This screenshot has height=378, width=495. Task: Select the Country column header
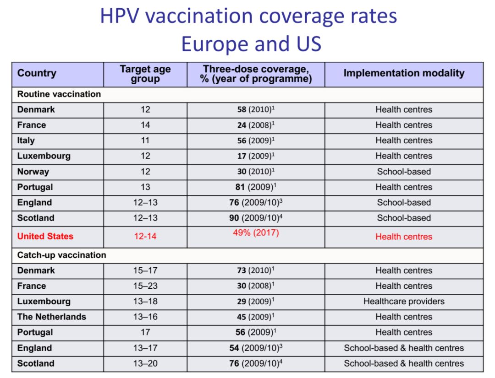(37, 73)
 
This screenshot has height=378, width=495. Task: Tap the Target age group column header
(145, 74)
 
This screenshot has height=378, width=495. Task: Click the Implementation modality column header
(404, 73)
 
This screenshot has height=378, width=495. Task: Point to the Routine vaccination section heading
(59, 94)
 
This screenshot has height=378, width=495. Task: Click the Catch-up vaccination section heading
(62, 255)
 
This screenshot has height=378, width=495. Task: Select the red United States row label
(45, 237)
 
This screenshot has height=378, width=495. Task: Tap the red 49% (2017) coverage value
(256, 233)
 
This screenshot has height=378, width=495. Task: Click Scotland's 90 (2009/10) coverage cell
(256, 218)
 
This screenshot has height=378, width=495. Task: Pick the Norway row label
(33, 172)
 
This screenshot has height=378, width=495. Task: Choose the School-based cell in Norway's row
(404, 172)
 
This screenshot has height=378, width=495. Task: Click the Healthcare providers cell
(404, 302)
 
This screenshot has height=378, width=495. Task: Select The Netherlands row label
(52, 317)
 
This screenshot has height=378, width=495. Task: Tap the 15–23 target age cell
(145, 286)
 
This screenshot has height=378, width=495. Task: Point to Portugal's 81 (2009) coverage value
(256, 187)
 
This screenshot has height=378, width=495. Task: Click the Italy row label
(26, 140)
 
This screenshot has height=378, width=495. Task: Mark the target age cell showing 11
(145, 140)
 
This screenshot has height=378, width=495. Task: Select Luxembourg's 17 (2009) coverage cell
(256, 156)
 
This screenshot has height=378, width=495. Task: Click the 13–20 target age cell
(145, 364)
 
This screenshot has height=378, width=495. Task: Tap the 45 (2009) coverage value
(256, 317)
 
